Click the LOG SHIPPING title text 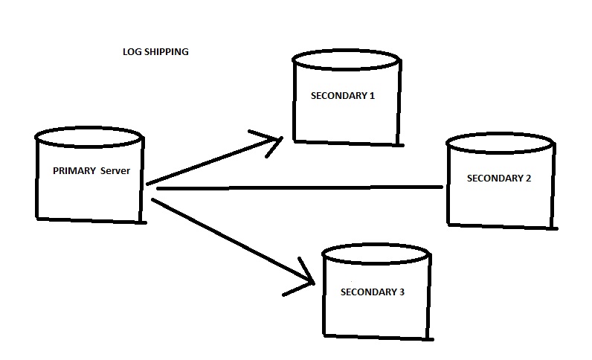(x=155, y=52)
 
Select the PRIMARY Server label (x=91, y=170)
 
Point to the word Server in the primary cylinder (x=115, y=170)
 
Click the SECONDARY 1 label (x=342, y=95)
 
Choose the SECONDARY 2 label (x=498, y=179)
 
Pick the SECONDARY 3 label (x=372, y=292)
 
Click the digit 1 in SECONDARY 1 (x=372, y=95)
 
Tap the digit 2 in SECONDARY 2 (x=528, y=179)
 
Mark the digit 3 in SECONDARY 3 (x=402, y=292)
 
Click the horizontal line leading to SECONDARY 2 (x=297, y=188)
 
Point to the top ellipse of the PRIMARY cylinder (x=89, y=136)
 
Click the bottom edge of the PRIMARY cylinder (x=89, y=220)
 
